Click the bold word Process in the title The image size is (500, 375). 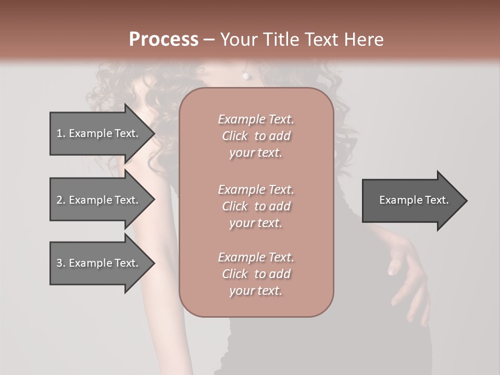(x=164, y=40)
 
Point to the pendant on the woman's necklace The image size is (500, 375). (x=245, y=76)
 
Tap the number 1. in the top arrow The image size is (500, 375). (x=61, y=133)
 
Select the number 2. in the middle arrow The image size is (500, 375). (x=61, y=200)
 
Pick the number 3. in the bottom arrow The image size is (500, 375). (x=61, y=263)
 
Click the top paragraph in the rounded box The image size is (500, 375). (x=256, y=136)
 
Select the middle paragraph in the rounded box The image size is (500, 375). (x=256, y=206)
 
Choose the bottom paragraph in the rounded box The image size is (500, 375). (x=256, y=274)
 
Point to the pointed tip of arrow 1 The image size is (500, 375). (x=154, y=133)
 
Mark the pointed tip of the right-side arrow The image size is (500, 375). (x=466, y=201)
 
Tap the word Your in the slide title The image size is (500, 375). (x=238, y=40)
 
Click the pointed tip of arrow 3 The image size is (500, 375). (x=154, y=263)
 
